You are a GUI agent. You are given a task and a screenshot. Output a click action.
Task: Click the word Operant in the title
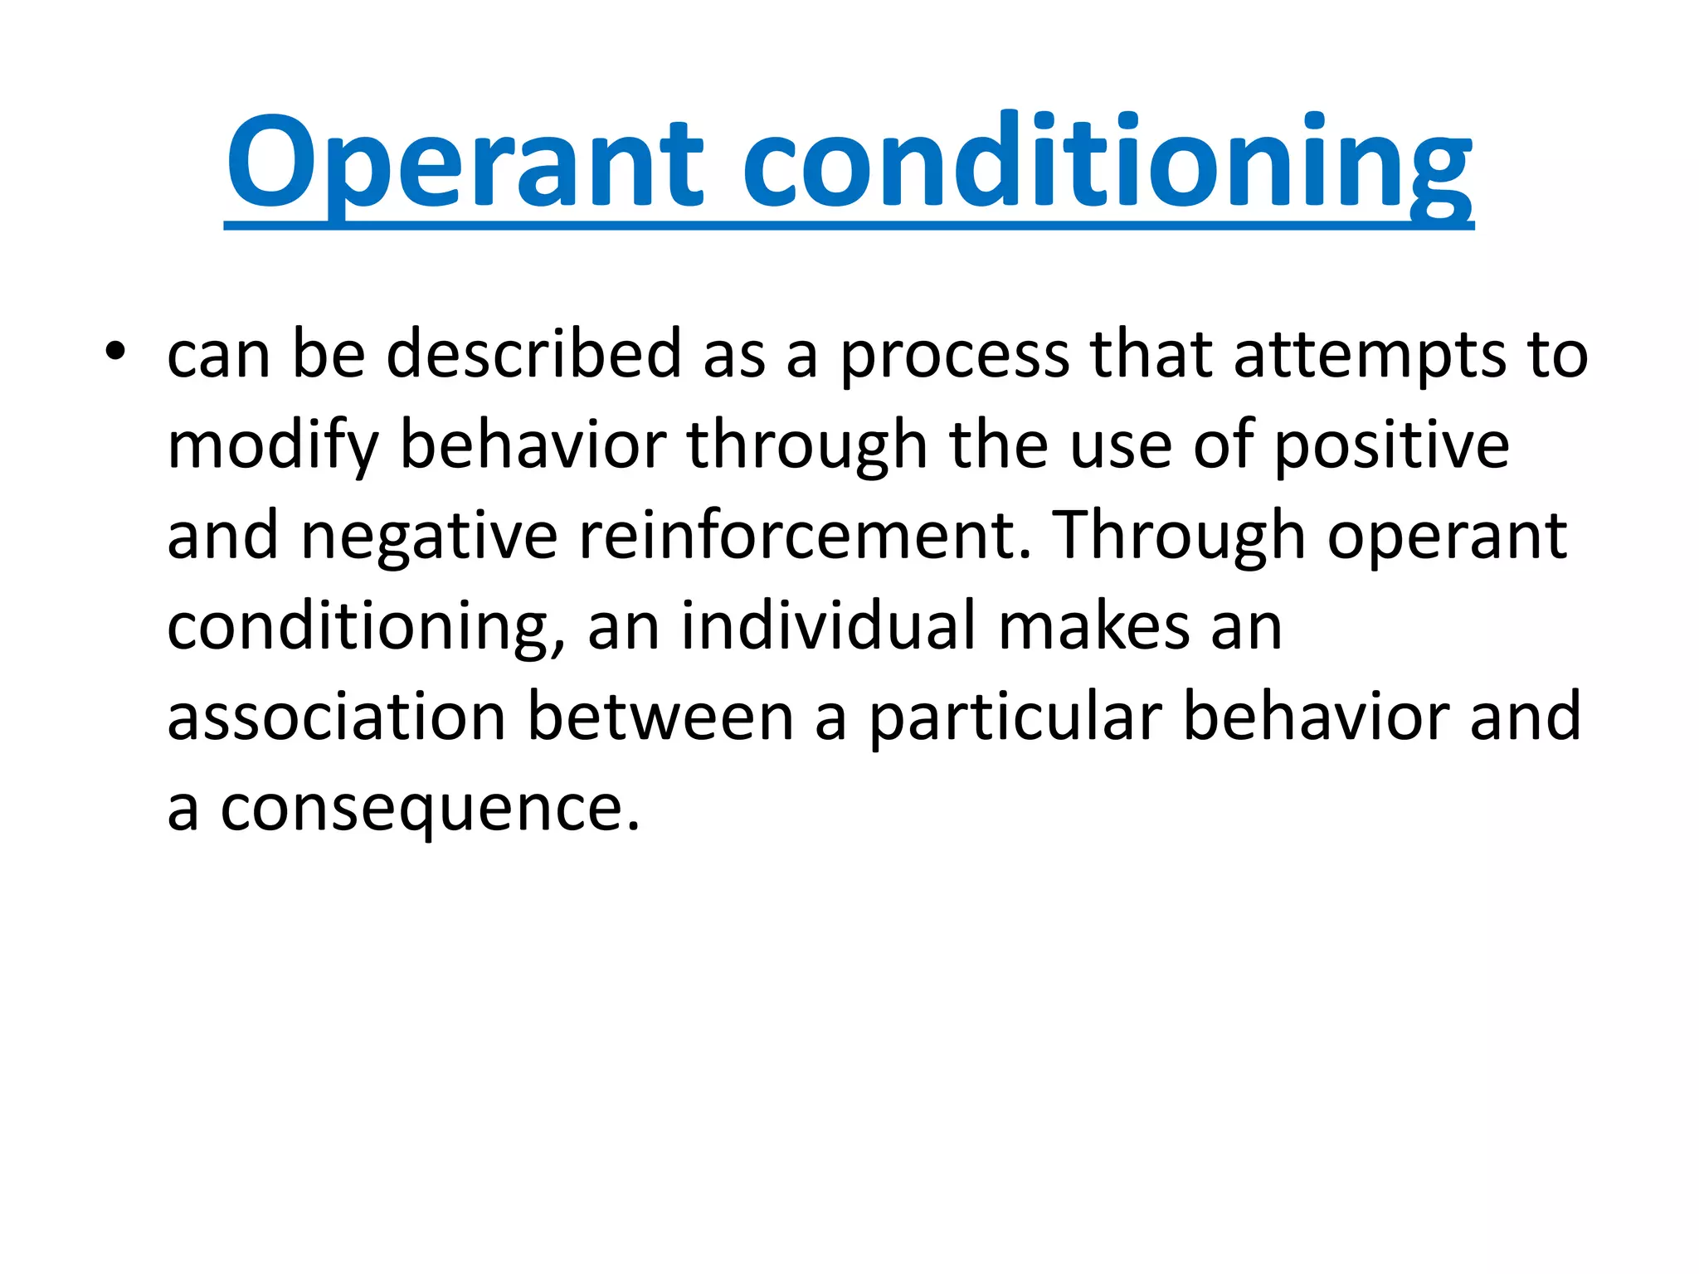point(465,162)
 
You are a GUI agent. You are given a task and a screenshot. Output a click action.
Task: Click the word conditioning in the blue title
point(1107,162)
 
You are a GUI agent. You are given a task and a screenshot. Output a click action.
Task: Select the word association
point(336,717)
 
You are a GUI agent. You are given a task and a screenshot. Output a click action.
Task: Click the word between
point(660,717)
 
